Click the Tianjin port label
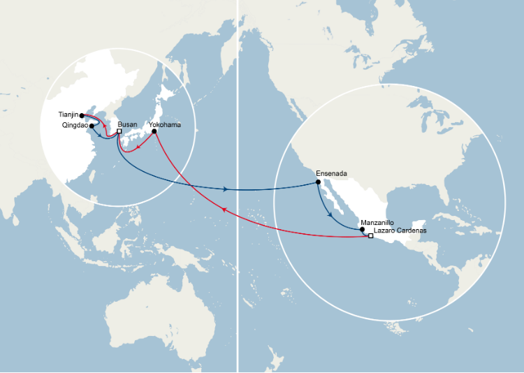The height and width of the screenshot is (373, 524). click(68, 114)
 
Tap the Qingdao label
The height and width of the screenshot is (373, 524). click(74, 126)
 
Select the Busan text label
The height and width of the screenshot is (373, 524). click(128, 124)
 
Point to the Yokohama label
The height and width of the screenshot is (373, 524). click(165, 125)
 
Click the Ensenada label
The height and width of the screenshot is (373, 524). click(331, 173)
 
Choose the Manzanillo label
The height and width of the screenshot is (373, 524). click(377, 223)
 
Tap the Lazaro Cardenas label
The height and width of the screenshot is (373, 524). click(400, 230)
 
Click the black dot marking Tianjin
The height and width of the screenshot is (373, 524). click(82, 115)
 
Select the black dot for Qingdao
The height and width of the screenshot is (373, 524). click(92, 126)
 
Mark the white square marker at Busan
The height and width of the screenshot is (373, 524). click(119, 131)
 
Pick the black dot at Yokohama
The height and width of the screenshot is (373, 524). click(154, 131)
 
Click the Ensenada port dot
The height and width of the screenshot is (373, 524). click(319, 182)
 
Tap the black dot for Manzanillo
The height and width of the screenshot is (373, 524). click(362, 229)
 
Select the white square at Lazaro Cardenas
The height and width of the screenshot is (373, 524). click(370, 236)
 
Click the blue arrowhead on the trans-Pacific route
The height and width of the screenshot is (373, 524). click(224, 189)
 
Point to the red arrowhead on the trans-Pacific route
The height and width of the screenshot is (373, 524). click(224, 210)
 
